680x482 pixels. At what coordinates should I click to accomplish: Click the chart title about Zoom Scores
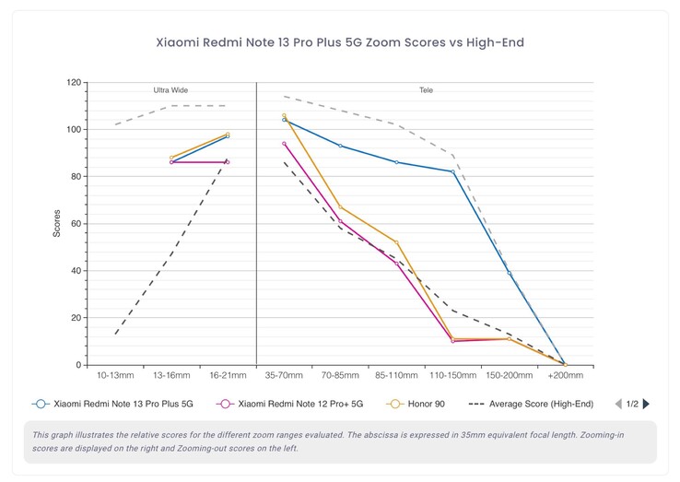coord(340,41)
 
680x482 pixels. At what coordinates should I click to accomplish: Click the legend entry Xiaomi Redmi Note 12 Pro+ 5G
coord(291,404)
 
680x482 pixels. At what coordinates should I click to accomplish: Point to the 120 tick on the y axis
coord(74,82)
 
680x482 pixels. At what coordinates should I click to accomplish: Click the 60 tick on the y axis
coord(76,224)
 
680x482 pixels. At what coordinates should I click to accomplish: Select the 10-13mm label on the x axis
coord(115,376)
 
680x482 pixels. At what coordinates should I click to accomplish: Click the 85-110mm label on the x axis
coord(396,376)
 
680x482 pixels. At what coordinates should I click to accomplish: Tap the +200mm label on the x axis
coord(564,376)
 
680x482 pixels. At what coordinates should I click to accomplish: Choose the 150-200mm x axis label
coord(509,376)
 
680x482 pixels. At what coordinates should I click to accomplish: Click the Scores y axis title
coord(57,223)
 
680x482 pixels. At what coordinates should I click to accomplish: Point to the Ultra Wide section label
coord(170,90)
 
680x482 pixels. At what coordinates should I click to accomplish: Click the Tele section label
coord(425,90)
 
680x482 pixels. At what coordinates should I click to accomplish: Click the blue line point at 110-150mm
coord(452,171)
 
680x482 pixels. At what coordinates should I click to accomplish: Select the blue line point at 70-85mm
coord(340,146)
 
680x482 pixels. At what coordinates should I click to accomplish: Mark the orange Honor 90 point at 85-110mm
coord(396,242)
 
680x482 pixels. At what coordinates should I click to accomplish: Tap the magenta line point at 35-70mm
coord(284,143)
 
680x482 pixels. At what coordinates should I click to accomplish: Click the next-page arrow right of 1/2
coord(646,404)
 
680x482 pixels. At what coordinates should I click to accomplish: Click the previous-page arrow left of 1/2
coord(618,404)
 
